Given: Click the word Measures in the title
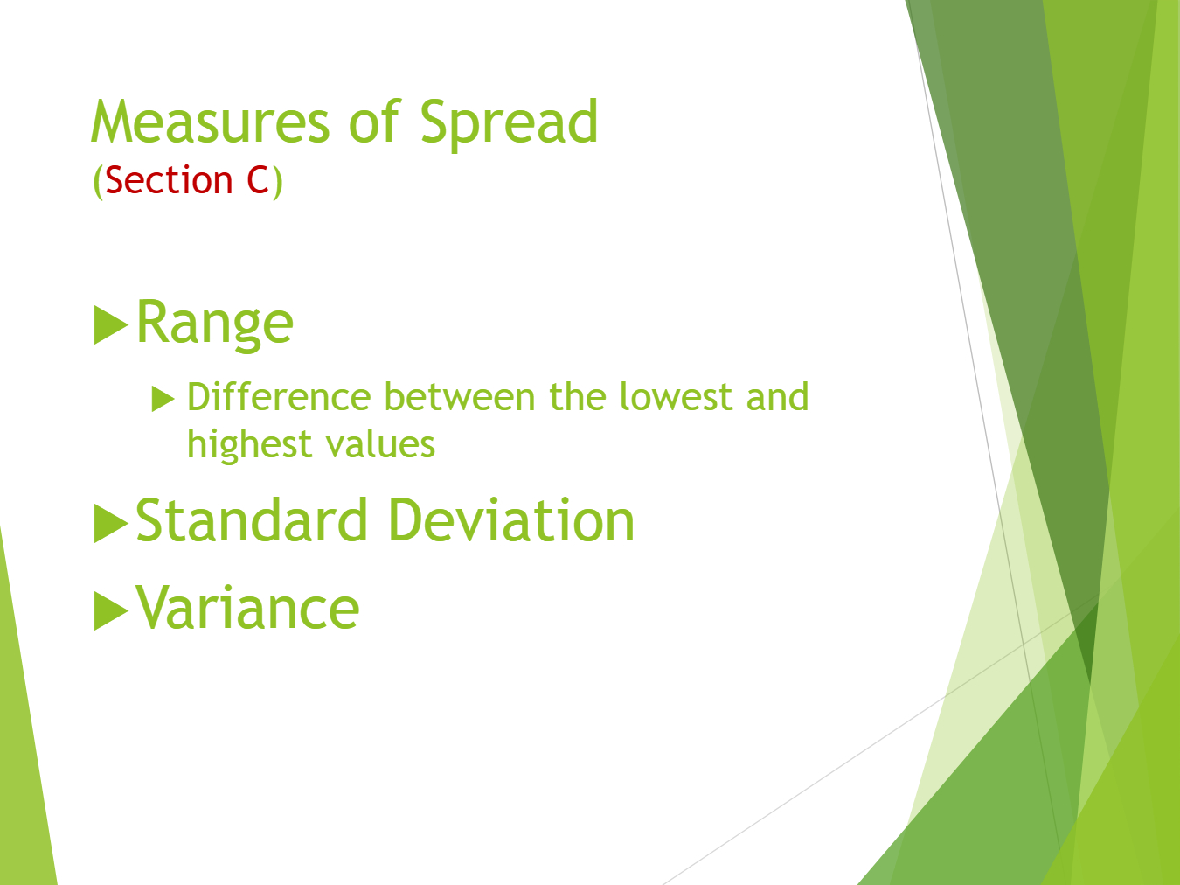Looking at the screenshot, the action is coord(210,122).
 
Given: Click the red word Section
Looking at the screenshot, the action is coord(169,180).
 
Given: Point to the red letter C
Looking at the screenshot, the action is coord(258,180).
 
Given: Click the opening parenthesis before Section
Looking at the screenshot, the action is coord(98,182).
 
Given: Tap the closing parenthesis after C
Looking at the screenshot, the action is coord(277,182).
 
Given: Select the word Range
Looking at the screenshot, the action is coord(214,323).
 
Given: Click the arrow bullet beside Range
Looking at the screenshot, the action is coord(111,324).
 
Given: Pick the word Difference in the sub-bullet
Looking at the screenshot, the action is coord(279,397).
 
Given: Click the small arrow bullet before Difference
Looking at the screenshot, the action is coord(163,399).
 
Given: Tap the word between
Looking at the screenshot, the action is coord(460,397).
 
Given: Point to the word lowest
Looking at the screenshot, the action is coord(677,397).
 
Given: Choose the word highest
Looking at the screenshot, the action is coord(249,445).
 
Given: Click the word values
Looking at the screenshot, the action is coord(380,445).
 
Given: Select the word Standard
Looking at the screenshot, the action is coord(252,520).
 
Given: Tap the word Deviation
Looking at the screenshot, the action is coord(511,520).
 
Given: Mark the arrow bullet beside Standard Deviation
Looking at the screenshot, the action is coord(111,523).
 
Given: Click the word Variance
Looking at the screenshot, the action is coord(247,607).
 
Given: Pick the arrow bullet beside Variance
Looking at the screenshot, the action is coord(111,610).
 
